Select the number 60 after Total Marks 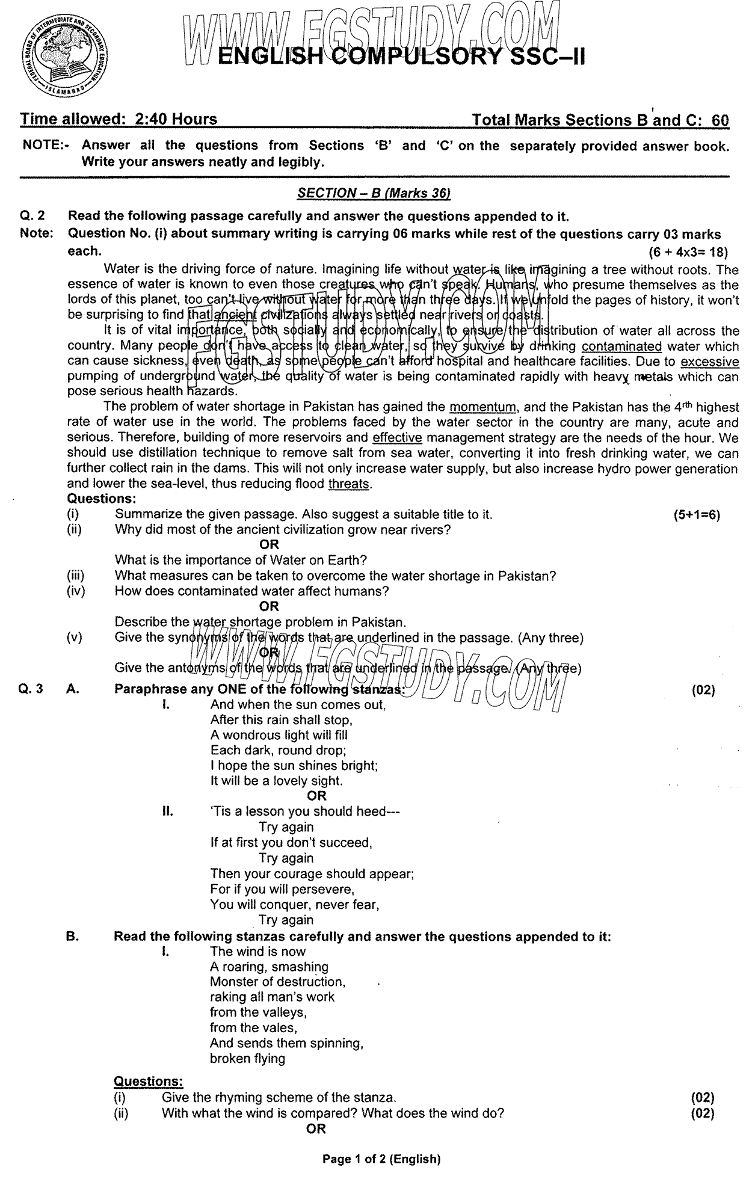[720, 120]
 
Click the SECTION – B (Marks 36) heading [374, 193]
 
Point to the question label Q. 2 [32, 217]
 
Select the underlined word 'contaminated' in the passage [621, 346]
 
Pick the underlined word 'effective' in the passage [397, 437]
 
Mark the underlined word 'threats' [348, 483]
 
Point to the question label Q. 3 [31, 690]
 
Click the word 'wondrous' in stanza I [249, 735]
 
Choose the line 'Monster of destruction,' [278, 982]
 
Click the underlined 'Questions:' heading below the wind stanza [149, 1082]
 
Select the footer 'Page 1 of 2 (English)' [381, 1159]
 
